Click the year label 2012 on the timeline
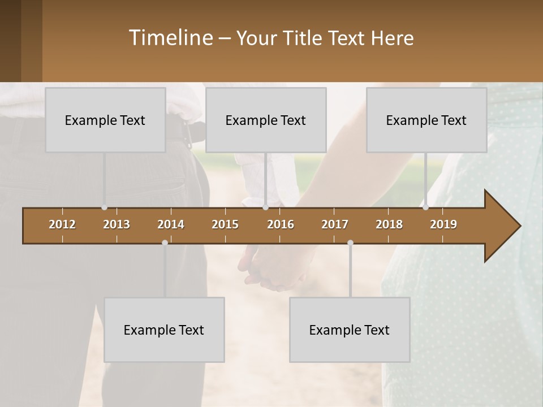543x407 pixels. [62, 224]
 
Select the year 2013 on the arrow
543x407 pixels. [117, 224]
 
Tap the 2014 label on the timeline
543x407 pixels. [171, 224]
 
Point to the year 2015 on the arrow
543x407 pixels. [225, 224]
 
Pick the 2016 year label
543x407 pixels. [281, 224]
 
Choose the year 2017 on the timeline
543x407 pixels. [335, 224]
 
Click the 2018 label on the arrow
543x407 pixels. [389, 224]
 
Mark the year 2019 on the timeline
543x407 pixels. [443, 224]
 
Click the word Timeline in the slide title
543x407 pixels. [170, 38]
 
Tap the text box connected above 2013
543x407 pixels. [105, 120]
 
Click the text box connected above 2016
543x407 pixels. [266, 120]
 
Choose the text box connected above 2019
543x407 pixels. [426, 120]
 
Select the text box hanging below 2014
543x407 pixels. [164, 330]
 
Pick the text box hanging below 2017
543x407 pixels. [350, 330]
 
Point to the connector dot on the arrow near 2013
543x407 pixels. [104, 207]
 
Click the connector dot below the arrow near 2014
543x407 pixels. [165, 243]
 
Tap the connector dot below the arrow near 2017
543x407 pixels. [350, 243]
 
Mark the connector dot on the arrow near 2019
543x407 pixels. [425, 207]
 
